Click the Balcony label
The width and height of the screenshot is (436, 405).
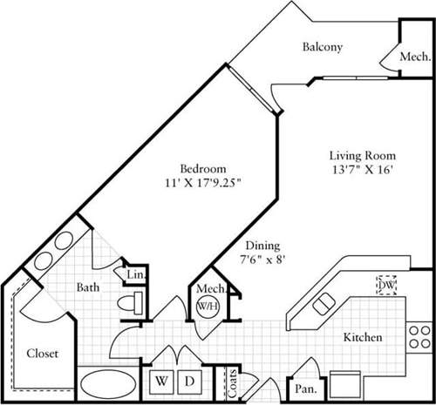coord(323,47)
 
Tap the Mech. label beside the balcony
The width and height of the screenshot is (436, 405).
coord(415,57)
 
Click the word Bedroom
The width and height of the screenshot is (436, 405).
coord(203,167)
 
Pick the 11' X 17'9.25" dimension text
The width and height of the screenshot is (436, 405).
coord(203,183)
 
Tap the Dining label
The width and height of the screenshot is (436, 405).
coord(262,246)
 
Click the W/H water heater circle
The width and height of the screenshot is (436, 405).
coord(208,307)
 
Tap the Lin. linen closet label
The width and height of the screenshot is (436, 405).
coord(137,276)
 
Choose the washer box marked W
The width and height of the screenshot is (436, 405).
coord(162,381)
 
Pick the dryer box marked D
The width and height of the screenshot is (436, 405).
coord(187,381)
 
